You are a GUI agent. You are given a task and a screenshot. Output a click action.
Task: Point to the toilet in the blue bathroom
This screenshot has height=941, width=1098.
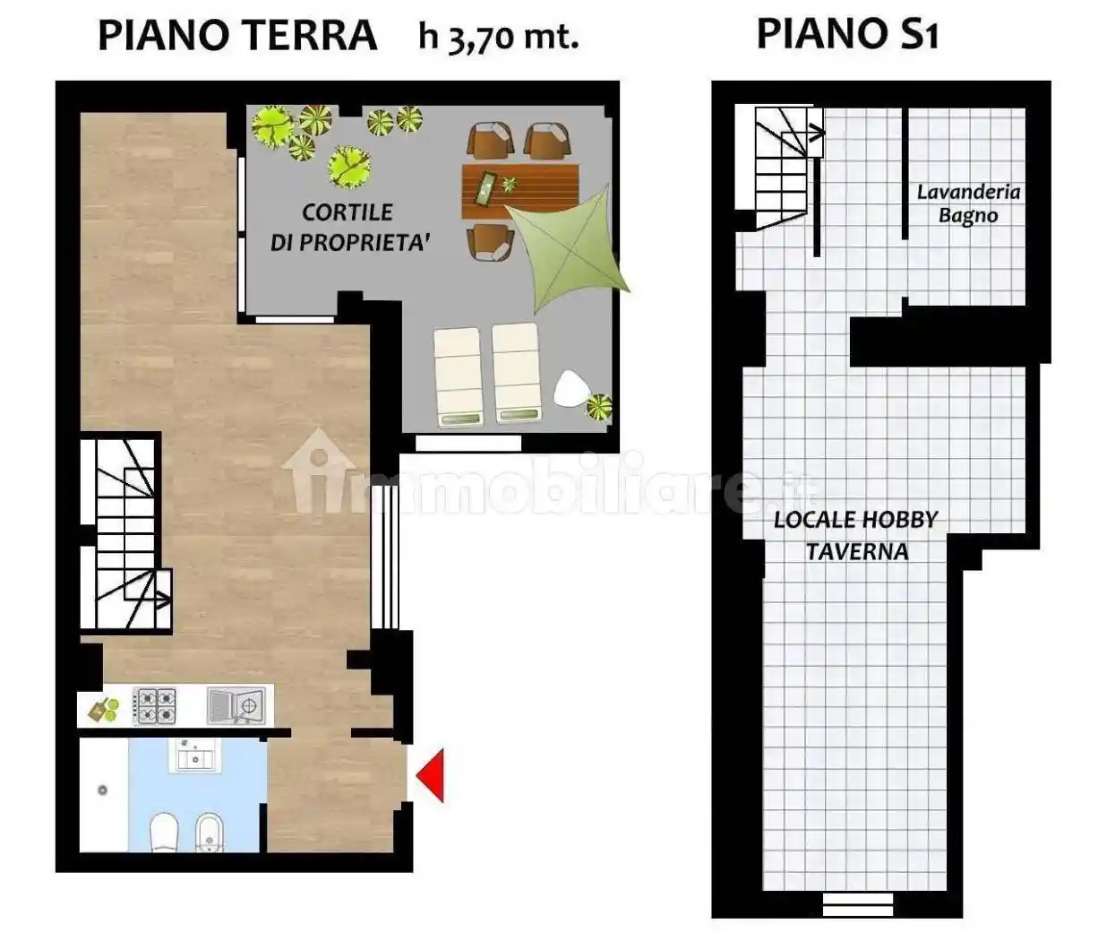tap(163, 833)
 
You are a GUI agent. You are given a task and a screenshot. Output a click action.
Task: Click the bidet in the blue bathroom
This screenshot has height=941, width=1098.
tap(210, 833)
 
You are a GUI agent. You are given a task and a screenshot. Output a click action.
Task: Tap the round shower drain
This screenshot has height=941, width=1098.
tap(103, 790)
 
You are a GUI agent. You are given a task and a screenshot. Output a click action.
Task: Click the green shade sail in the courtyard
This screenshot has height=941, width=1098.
tap(571, 246)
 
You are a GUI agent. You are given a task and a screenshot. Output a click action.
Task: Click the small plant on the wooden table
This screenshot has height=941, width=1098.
tap(510, 185)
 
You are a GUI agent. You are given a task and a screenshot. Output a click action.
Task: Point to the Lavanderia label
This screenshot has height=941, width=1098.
tap(968, 192)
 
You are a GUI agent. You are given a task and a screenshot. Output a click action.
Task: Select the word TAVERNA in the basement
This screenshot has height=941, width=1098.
tap(856, 551)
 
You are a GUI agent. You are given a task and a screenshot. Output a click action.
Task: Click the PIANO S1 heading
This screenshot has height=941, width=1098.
tap(846, 35)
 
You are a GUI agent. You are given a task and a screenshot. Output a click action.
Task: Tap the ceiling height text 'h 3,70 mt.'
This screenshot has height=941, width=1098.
tap(498, 37)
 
